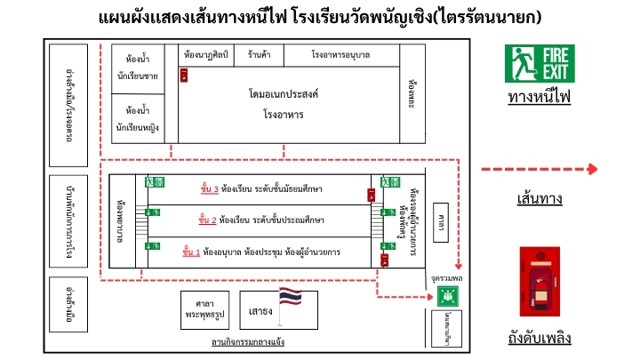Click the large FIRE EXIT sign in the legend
tap(540, 64)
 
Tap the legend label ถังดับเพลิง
tap(540, 339)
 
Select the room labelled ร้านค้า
tap(260, 55)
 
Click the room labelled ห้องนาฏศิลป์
tap(205, 55)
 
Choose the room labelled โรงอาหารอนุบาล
tap(340, 55)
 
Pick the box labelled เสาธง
tap(260, 311)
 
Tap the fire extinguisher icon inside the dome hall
tap(184, 76)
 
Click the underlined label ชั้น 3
tap(210, 188)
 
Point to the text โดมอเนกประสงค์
tap(284, 93)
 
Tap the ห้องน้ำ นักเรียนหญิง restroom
tap(137, 119)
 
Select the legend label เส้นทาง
tap(539, 199)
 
